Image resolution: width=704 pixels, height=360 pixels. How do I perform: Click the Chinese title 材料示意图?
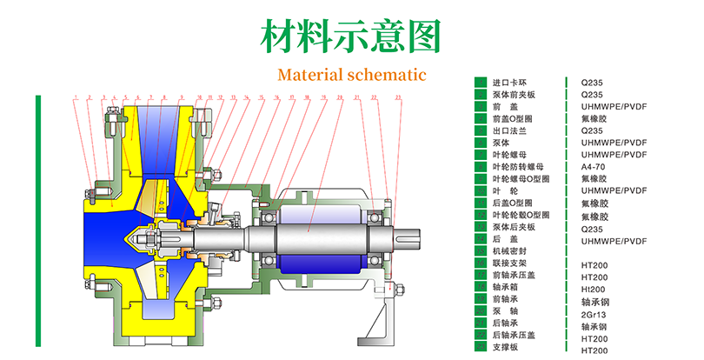click(x=351, y=36)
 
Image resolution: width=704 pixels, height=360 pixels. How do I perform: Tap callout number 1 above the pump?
click(x=76, y=97)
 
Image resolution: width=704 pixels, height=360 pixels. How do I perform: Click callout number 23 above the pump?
click(x=398, y=97)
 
